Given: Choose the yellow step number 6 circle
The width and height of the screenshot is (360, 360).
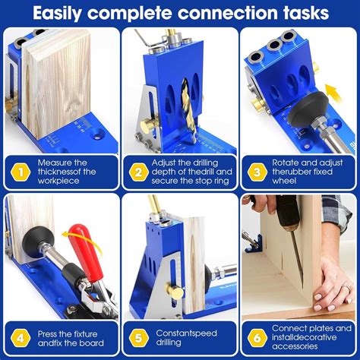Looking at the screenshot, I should (x=258, y=337).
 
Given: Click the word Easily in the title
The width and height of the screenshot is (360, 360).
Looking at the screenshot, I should (x=68, y=13).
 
